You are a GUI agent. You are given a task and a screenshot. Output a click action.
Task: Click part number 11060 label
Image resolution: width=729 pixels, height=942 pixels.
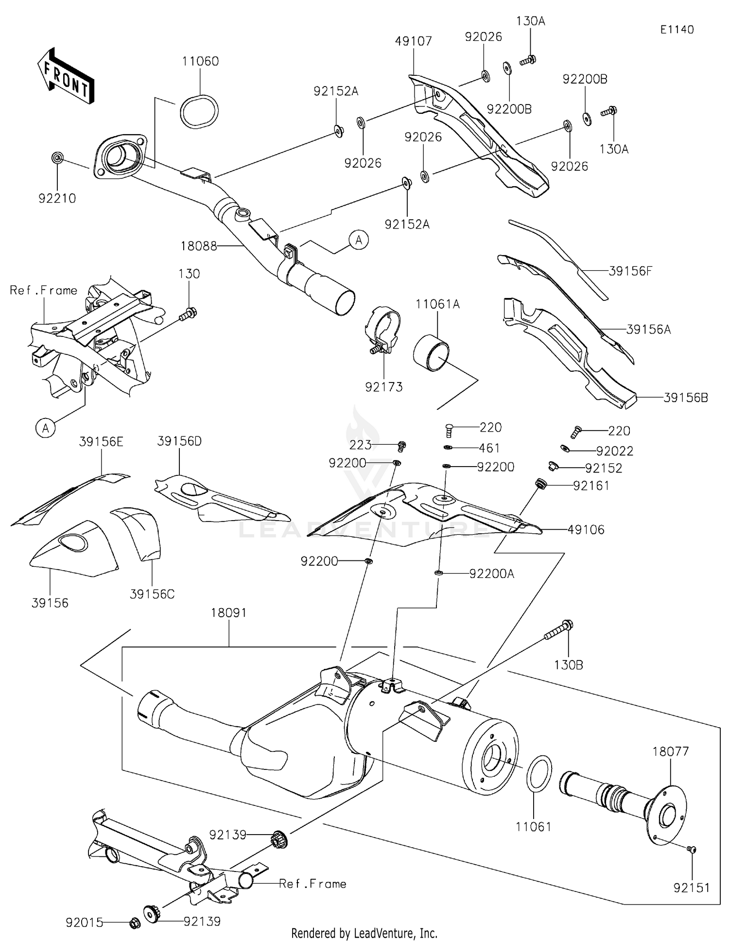[200, 61]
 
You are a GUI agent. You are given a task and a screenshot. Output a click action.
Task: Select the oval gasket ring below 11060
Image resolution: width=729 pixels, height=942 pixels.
[199, 112]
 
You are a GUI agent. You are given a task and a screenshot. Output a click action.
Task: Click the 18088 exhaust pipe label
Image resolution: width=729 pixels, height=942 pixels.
[198, 246]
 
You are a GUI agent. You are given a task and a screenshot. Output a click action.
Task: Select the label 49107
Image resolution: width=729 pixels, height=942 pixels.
[413, 41]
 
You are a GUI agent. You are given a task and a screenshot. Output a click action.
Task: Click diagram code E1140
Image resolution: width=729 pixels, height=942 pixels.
[677, 30]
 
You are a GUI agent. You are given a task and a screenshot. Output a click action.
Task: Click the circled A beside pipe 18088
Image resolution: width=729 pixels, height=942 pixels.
[359, 240]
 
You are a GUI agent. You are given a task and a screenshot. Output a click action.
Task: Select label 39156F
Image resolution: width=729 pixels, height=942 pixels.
[630, 271]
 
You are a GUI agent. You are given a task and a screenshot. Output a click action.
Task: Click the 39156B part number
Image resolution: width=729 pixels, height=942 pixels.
[685, 398]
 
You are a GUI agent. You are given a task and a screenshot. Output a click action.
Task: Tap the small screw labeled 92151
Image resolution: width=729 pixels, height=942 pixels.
[692, 850]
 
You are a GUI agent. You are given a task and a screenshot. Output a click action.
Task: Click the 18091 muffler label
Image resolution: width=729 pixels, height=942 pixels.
[228, 613]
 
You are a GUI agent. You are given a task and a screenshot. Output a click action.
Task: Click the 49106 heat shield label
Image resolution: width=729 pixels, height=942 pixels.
[586, 530]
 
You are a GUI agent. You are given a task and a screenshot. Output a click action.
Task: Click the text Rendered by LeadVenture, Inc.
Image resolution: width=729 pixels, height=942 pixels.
[364, 933]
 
